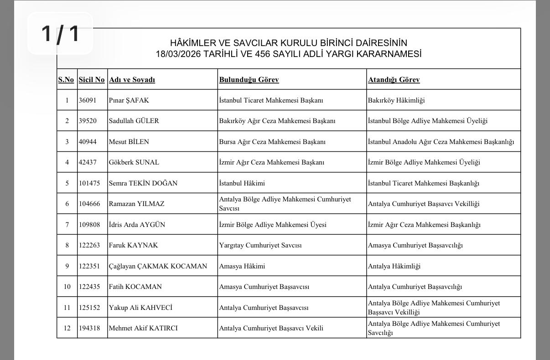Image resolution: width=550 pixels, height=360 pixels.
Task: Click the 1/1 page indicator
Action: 60,33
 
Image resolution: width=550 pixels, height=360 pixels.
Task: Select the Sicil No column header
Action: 92,80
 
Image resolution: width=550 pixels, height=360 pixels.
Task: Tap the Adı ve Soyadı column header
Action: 132,80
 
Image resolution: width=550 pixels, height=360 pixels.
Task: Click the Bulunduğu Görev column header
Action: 249,80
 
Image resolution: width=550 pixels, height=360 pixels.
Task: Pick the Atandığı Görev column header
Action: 394,80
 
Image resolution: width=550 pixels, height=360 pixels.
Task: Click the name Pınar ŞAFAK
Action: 129,100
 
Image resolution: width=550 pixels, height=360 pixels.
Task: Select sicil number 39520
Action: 88,121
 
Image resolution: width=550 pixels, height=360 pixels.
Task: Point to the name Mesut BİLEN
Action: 129,142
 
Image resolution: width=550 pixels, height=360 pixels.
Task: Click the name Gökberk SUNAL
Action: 134,162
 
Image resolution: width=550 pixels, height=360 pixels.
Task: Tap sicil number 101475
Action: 89,183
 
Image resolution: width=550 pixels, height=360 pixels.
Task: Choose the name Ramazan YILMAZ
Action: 136,204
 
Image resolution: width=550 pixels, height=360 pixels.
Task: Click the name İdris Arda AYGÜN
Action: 137,225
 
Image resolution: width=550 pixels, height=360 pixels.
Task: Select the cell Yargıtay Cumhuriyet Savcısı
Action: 260,245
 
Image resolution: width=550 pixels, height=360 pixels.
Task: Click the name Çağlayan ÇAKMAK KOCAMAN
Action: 158,266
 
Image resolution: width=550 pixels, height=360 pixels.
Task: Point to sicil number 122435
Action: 89,287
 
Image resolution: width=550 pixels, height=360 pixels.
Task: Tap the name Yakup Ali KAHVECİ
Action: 140,308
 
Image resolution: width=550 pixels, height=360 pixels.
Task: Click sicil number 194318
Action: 89,328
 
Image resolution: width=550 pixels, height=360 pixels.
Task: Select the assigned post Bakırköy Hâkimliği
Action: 396,100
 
